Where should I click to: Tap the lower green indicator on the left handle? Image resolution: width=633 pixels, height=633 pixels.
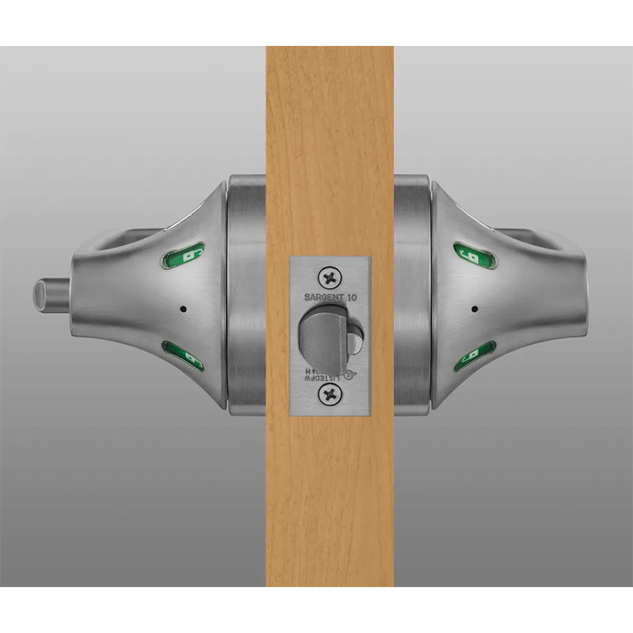point(186,356)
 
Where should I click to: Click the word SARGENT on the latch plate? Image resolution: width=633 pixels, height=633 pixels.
point(321,298)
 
